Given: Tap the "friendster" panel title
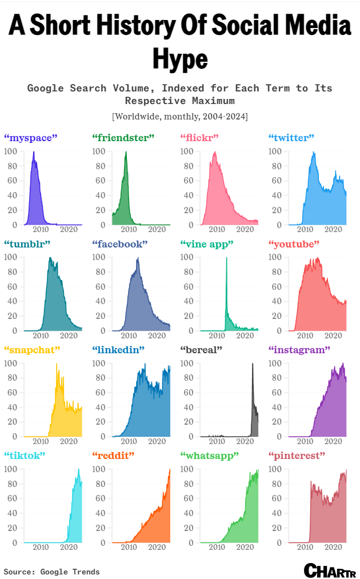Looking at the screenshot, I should [x=123, y=138].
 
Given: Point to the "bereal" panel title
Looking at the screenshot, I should [x=201, y=349].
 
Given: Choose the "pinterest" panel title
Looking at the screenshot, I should [x=296, y=455].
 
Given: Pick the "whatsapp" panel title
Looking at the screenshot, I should [x=209, y=455].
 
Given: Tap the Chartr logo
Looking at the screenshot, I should [x=330, y=570].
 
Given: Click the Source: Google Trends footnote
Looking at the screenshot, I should [x=51, y=572].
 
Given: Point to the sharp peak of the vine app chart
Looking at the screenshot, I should [x=227, y=258].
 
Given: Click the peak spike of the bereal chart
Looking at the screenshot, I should [x=253, y=364].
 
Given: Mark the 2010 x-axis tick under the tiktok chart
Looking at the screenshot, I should [x=41, y=547].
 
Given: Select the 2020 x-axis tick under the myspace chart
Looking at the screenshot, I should [x=69, y=229].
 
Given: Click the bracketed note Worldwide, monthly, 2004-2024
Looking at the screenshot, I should [x=180, y=116].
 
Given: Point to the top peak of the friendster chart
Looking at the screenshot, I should [x=126, y=152].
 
